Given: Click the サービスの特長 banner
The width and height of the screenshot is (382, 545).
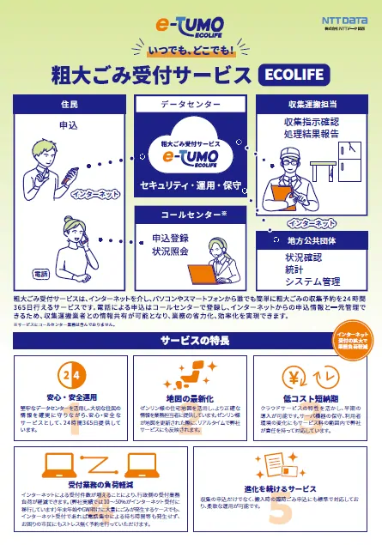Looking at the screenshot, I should (191, 341).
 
